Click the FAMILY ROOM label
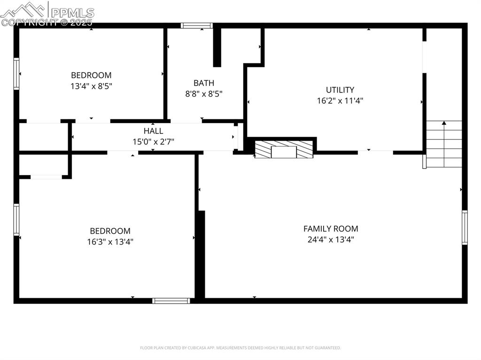331,229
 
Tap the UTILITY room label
340,90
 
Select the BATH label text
204,83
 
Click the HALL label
154,131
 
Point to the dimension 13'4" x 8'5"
91,86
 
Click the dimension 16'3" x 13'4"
110,242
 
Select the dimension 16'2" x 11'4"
340,100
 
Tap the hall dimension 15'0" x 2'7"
154,141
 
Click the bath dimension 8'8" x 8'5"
204,93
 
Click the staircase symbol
444,145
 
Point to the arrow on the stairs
444,124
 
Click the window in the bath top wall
197,26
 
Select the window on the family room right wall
465,228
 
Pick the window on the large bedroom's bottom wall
171,300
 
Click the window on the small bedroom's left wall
16,74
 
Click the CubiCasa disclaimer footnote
240,348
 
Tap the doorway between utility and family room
375,152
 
